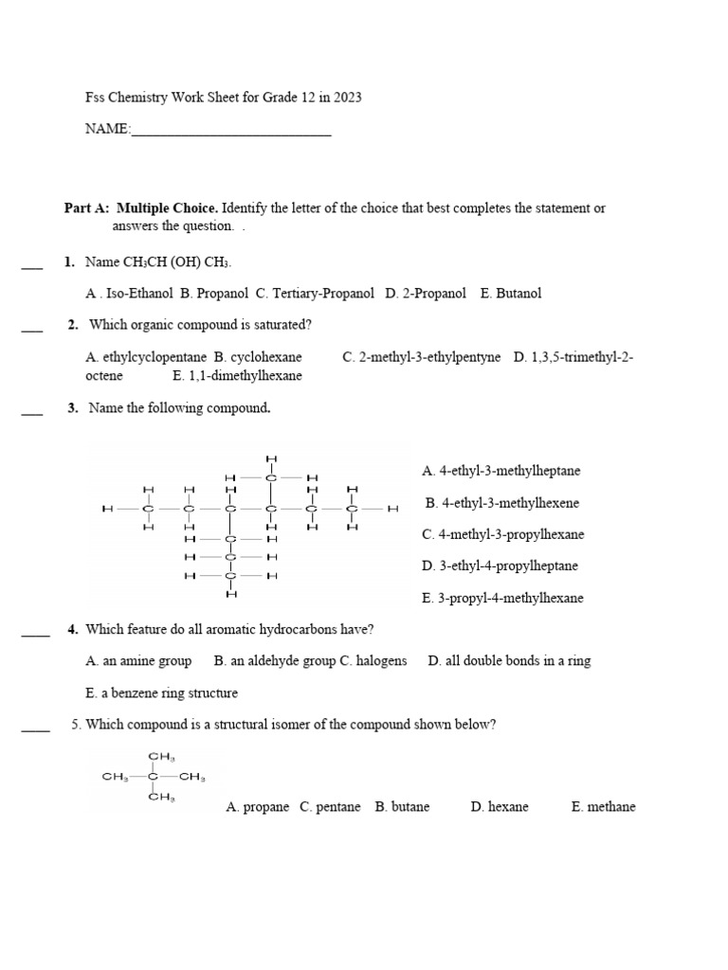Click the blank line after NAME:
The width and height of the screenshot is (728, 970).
pyautogui.click(x=231, y=134)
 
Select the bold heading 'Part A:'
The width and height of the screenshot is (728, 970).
pyautogui.click(x=86, y=208)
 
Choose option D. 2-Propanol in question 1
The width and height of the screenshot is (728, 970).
pyautogui.click(x=426, y=294)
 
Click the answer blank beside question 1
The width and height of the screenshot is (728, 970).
pyautogui.click(x=32, y=268)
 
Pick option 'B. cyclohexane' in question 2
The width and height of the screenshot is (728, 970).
pyautogui.click(x=258, y=357)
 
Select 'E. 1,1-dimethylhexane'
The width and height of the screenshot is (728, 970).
pyautogui.click(x=237, y=376)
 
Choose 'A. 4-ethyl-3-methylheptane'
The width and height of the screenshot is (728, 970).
pyautogui.click(x=501, y=471)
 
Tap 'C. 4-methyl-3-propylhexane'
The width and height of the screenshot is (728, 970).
pyautogui.click(x=502, y=534)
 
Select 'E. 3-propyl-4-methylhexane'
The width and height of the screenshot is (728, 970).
pyautogui.click(x=502, y=599)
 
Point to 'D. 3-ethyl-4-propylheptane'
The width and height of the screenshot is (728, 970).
pyautogui.click(x=500, y=566)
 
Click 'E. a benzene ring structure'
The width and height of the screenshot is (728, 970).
pyautogui.click(x=161, y=693)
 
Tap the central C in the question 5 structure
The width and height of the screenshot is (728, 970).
pyautogui.click(x=153, y=777)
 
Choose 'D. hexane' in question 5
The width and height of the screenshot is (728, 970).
pyautogui.click(x=500, y=807)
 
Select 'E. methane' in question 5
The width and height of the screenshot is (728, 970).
pyautogui.click(x=603, y=807)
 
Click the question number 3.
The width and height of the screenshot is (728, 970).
pyautogui.click(x=73, y=408)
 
